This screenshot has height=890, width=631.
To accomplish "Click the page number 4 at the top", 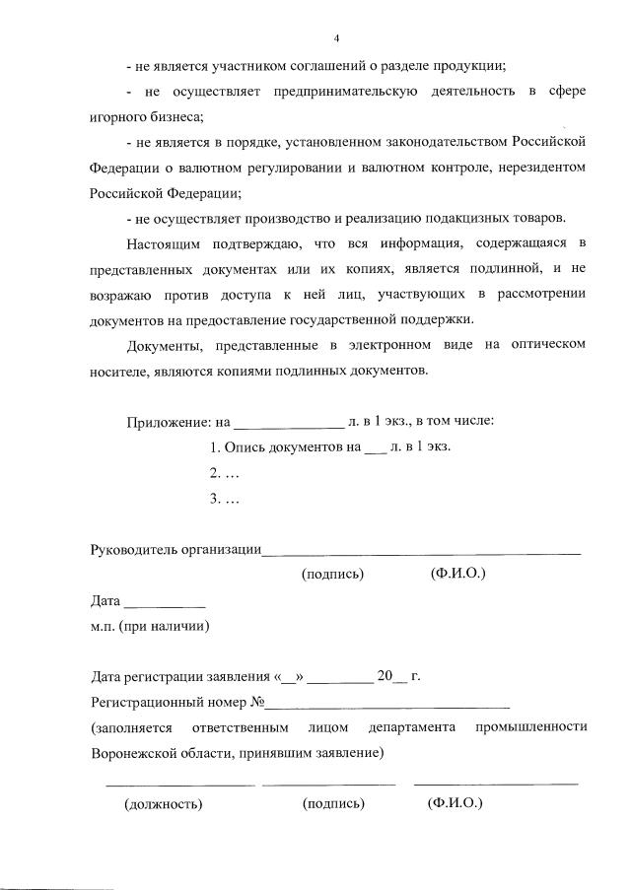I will click(336, 38).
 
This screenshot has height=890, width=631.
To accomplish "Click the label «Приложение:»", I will click(167, 421).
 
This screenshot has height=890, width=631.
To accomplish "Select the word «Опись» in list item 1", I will click(244, 446).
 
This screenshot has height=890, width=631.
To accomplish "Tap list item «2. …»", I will click(226, 472).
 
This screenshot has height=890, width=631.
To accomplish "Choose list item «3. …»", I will click(226, 498).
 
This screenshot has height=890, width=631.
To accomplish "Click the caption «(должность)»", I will click(163, 804).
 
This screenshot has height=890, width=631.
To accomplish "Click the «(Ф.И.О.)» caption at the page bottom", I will click(455, 804).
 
